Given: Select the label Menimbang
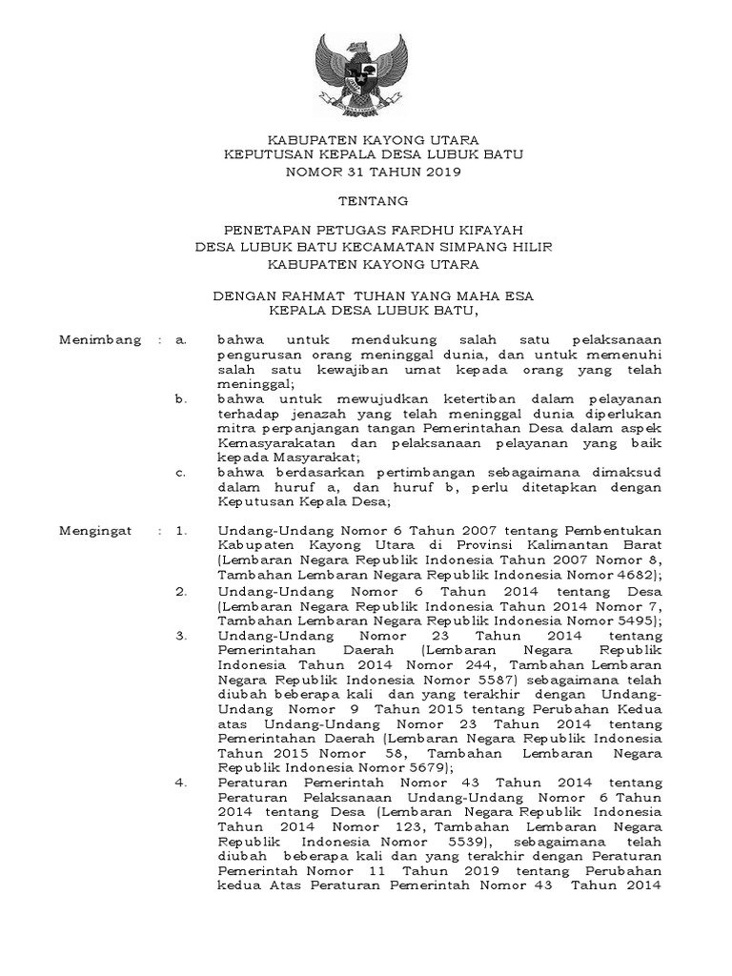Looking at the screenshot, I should [100, 338].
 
